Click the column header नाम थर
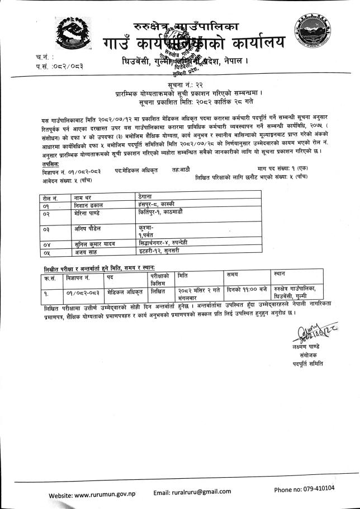pyautogui.click(x=83, y=197)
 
